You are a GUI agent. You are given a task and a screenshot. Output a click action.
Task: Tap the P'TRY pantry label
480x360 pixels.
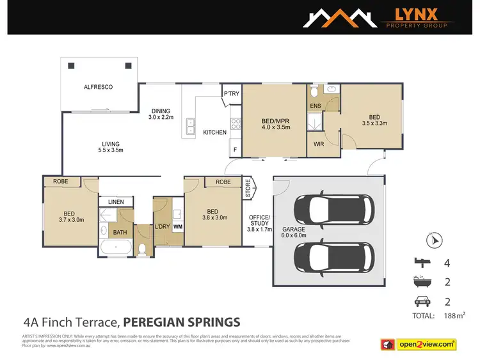230,94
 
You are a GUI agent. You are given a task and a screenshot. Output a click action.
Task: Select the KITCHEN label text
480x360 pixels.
214,132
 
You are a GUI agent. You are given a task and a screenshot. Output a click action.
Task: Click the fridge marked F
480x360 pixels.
234,150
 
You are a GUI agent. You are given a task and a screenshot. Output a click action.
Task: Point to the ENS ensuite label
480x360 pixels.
315,106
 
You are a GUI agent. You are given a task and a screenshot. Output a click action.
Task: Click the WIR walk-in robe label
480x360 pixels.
319,144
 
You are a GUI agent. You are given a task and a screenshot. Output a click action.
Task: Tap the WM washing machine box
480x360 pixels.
178,226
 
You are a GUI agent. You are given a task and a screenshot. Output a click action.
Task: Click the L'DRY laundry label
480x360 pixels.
161,226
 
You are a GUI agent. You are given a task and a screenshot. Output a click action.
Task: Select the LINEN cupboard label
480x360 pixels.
116,202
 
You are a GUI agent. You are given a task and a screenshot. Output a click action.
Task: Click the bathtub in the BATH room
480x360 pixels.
117,247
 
